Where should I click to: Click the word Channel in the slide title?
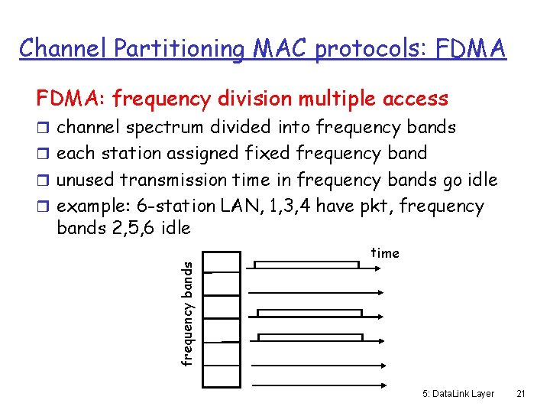click(64, 48)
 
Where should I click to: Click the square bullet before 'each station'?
click(44, 154)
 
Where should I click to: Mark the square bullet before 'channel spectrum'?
click(44, 128)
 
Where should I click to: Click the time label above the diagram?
click(385, 253)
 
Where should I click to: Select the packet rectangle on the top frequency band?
click(306, 265)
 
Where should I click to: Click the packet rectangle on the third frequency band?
click(309, 313)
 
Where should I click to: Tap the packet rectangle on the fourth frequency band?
click(309, 337)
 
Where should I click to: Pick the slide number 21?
click(521, 393)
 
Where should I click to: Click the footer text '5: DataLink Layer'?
click(458, 393)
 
